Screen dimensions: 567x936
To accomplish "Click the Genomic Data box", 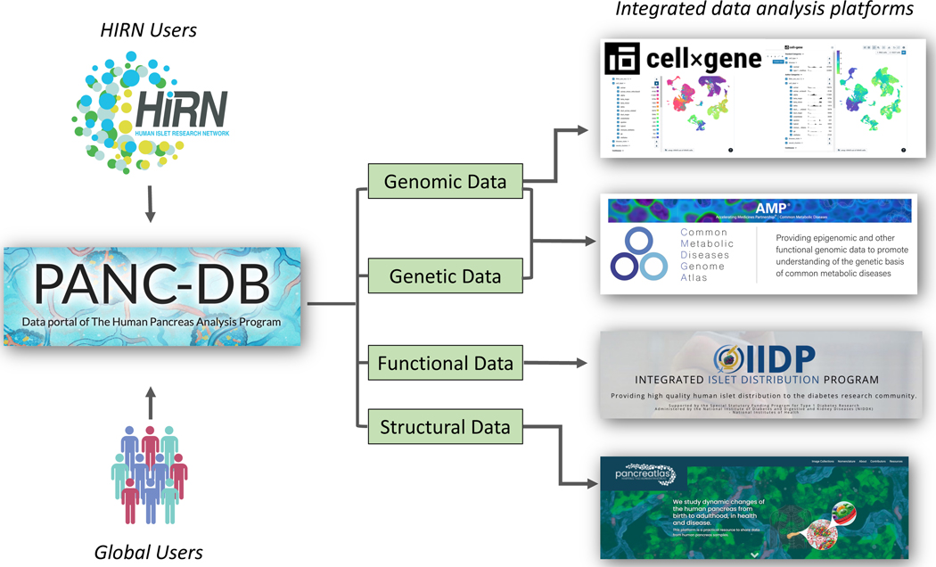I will (445, 182).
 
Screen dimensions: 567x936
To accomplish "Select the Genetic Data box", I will (445, 276).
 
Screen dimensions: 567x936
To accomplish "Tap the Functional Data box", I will (445, 363).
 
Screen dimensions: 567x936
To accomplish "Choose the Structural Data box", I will (445, 427).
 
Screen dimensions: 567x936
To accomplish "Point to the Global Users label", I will (149, 552).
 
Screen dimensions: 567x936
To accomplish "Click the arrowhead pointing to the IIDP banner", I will (582, 363).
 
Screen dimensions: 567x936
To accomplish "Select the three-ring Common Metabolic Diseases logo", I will (638, 255).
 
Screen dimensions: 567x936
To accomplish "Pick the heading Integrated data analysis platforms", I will (764, 10).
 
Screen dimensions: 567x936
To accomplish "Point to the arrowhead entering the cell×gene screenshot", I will (583, 130).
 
